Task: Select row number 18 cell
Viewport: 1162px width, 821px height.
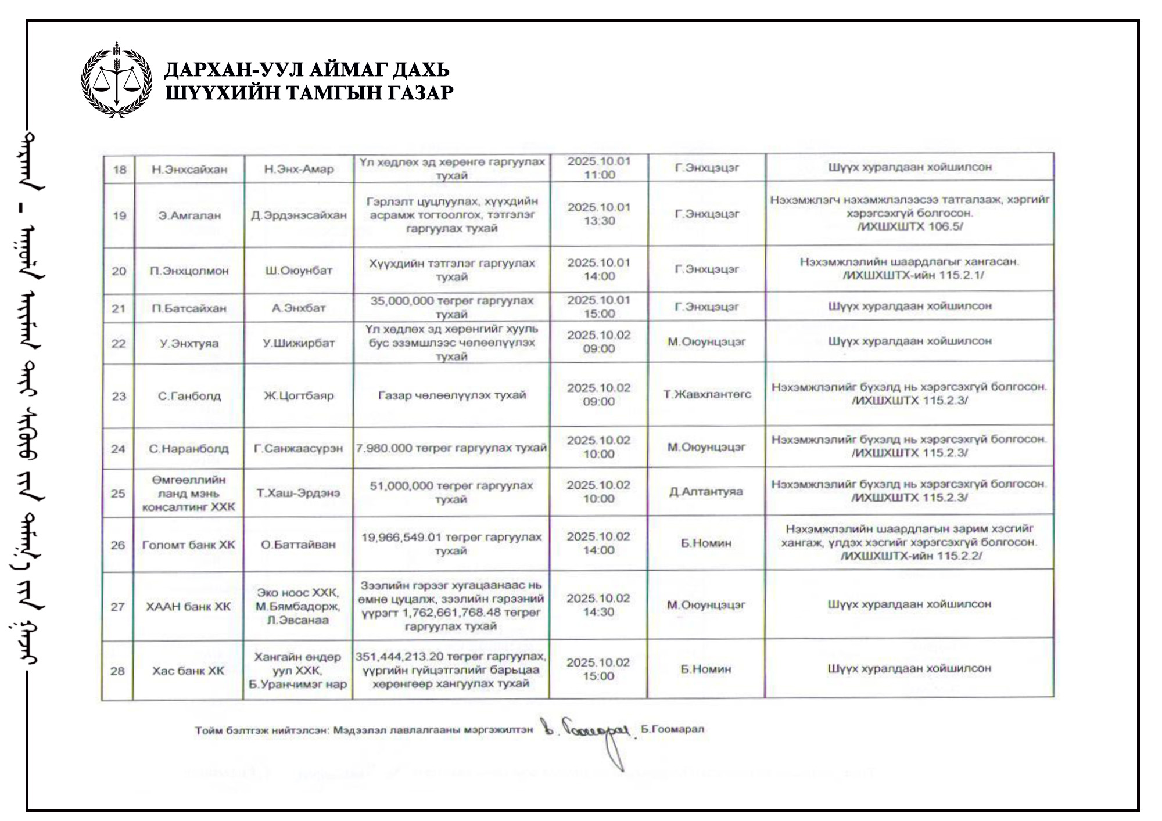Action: pyautogui.click(x=120, y=170)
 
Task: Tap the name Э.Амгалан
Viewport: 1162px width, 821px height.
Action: pyautogui.click(x=189, y=215)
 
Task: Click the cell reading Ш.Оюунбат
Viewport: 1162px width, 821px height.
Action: pyautogui.click(x=299, y=271)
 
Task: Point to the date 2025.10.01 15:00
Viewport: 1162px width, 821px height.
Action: pyautogui.click(x=599, y=307)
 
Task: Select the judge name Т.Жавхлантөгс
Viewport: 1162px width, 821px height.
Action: pyautogui.click(x=706, y=395)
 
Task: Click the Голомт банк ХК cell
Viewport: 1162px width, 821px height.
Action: pyautogui.click(x=189, y=545)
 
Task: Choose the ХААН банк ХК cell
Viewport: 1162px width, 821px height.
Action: pyautogui.click(x=188, y=607)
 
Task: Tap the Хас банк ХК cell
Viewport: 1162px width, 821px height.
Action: pyautogui.click(x=188, y=671)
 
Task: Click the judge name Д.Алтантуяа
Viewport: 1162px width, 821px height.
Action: pyautogui.click(x=706, y=492)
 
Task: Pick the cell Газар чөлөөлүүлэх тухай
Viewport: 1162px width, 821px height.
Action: pyautogui.click(x=452, y=395)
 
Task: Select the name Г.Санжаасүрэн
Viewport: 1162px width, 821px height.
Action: pyautogui.click(x=299, y=449)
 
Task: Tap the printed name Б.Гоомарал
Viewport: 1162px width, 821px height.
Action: pyautogui.click(x=672, y=729)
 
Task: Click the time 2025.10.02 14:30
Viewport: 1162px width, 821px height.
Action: pyautogui.click(x=598, y=605)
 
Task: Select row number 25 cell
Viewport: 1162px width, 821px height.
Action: pyautogui.click(x=118, y=494)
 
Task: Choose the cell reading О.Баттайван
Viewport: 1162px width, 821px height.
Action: pyautogui.click(x=299, y=545)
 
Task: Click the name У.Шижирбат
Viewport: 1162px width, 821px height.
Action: pyautogui.click(x=299, y=343)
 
